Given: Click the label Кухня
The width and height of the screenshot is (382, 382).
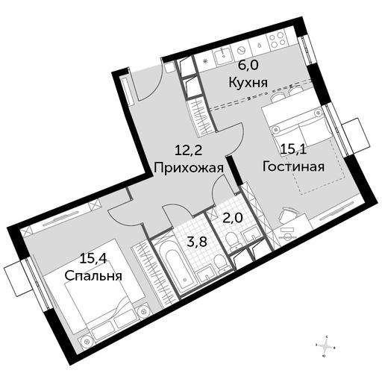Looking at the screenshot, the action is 248,82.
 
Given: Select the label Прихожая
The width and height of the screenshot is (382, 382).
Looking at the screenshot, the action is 189,168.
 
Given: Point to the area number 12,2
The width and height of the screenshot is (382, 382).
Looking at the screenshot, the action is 188,151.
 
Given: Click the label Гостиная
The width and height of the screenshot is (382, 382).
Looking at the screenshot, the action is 293,166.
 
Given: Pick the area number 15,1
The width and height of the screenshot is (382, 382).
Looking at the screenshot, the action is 293,150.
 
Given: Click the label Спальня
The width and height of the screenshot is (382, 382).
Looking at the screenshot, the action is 93,275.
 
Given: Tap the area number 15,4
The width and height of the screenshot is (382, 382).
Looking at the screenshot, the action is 93,259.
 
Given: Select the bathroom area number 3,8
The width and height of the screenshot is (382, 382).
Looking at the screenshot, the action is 197,242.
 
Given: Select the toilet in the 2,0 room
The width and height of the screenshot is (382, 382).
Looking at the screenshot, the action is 231,241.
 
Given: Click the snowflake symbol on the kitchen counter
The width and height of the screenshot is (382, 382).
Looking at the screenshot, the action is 206,61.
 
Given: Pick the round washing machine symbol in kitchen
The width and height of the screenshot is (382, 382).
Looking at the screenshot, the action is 241,51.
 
